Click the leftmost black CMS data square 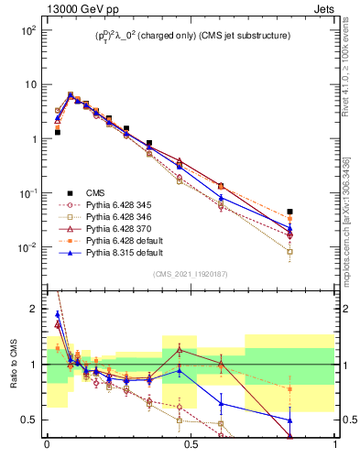point(58,132)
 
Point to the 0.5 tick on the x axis point(190,450)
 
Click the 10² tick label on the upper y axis point(27,30)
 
